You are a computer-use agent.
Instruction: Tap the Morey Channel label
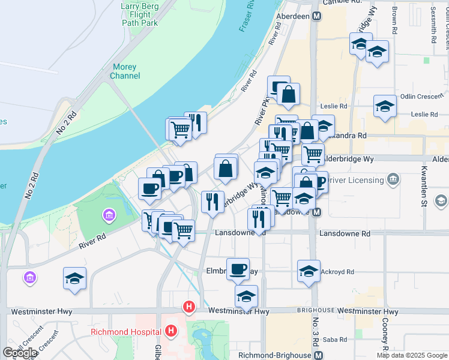(125, 71)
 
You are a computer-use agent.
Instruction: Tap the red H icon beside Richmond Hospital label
(171, 331)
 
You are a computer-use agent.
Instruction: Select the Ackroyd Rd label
(339, 271)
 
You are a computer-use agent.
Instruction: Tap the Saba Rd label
(331, 340)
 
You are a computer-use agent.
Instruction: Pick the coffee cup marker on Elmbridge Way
(238, 268)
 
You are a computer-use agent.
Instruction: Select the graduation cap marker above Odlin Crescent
(385, 106)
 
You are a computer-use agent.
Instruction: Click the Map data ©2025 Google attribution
(412, 355)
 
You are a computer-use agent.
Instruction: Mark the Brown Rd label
(394, 20)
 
